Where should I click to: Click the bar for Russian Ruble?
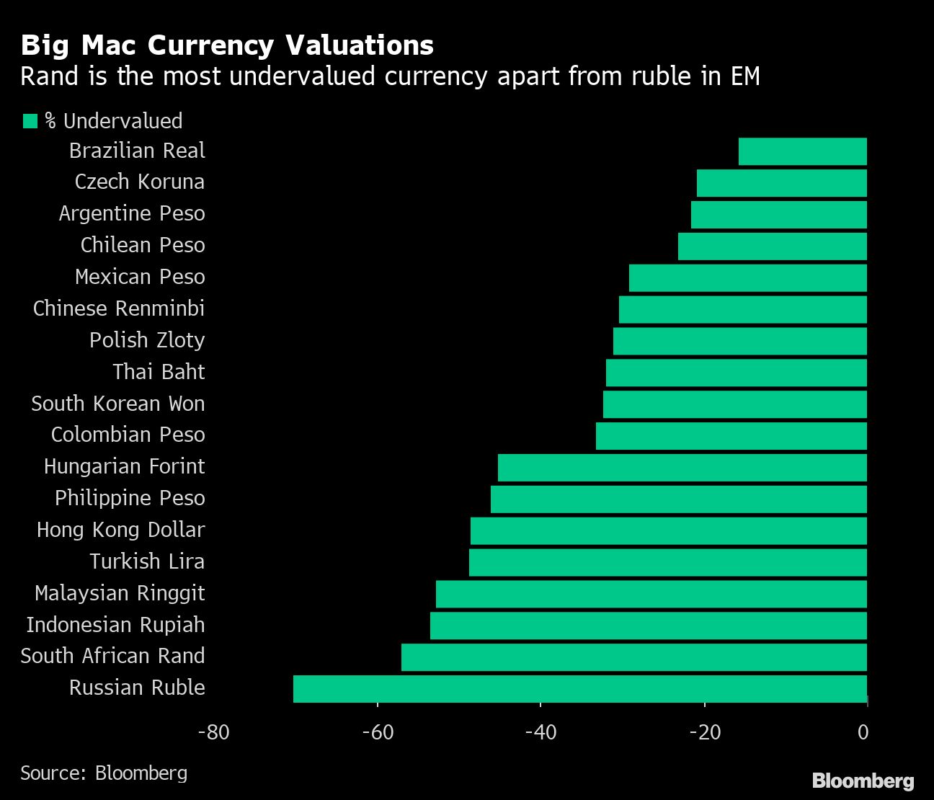click(580, 688)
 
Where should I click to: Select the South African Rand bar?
click(634, 657)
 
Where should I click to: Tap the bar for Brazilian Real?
click(803, 151)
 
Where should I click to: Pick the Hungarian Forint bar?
click(682, 467)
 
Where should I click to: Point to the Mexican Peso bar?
click(748, 277)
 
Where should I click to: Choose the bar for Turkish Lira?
click(668, 562)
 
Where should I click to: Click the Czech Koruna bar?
click(782, 183)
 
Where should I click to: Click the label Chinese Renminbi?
click(119, 308)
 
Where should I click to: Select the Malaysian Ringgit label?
click(120, 593)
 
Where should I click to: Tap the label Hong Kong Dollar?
click(121, 530)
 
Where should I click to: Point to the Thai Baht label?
click(159, 372)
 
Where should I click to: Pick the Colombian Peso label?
click(128, 435)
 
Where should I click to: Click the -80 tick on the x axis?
click(213, 732)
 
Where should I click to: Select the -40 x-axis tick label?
click(541, 732)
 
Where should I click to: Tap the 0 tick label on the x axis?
click(863, 732)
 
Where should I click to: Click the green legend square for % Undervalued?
click(30, 121)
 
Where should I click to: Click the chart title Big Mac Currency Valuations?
click(227, 45)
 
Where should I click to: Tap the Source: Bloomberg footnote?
click(104, 773)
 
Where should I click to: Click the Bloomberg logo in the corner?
click(863, 781)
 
